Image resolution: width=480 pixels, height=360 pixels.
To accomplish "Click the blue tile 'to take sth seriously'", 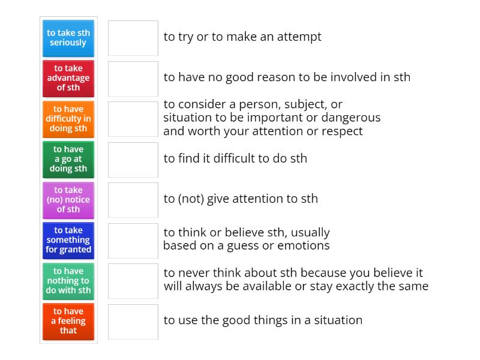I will pos(68,38).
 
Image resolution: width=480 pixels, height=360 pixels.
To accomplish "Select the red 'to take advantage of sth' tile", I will pos(68,79).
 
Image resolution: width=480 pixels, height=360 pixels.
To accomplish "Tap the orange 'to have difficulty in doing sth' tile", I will pos(68,119).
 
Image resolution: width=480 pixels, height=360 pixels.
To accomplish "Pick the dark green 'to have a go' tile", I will pos(68,160).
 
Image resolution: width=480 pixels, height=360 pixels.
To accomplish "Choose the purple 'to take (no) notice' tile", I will pos(68,200).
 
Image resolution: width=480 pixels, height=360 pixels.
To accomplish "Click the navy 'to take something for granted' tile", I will pos(68,240).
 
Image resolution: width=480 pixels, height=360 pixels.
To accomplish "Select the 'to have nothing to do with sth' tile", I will pos(68,281).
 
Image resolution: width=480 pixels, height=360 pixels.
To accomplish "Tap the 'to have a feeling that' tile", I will pos(68,321).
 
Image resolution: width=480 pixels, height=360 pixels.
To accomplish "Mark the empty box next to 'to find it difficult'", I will pos(133,160).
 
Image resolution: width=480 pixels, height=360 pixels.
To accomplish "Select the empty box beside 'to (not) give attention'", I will pos(133,200).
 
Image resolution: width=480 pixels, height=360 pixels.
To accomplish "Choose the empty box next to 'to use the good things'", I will pos(133,321).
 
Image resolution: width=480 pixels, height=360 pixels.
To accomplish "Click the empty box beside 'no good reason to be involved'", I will pos(133,79).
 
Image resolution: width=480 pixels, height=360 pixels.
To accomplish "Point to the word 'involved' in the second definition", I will pos(361,77).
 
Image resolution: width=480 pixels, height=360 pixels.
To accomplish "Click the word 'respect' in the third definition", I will pos(341,131).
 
